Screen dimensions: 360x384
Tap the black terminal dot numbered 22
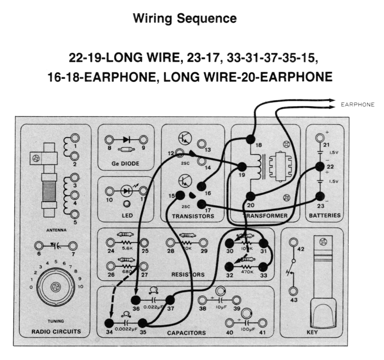pyautogui.click(x=320, y=167)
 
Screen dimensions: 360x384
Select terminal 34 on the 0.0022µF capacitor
pyautogui.click(x=109, y=323)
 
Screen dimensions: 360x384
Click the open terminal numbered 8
pyautogui.click(x=110, y=139)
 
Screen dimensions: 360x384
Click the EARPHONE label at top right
pyautogui.click(x=357, y=104)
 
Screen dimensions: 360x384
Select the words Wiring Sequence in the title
pyautogui.click(x=185, y=18)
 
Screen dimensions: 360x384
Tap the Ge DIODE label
pyautogui.click(x=125, y=164)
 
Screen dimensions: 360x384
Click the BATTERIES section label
pyautogui.click(x=325, y=215)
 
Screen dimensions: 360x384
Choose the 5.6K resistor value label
pyautogui.click(x=128, y=248)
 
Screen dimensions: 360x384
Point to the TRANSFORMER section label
pyautogui.click(x=266, y=216)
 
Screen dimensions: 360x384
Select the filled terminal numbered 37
pyautogui.click(x=170, y=300)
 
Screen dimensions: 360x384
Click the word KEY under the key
pyautogui.click(x=312, y=332)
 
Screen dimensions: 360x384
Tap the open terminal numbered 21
pyautogui.click(x=320, y=138)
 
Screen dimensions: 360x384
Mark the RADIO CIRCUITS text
pyautogui.click(x=56, y=331)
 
